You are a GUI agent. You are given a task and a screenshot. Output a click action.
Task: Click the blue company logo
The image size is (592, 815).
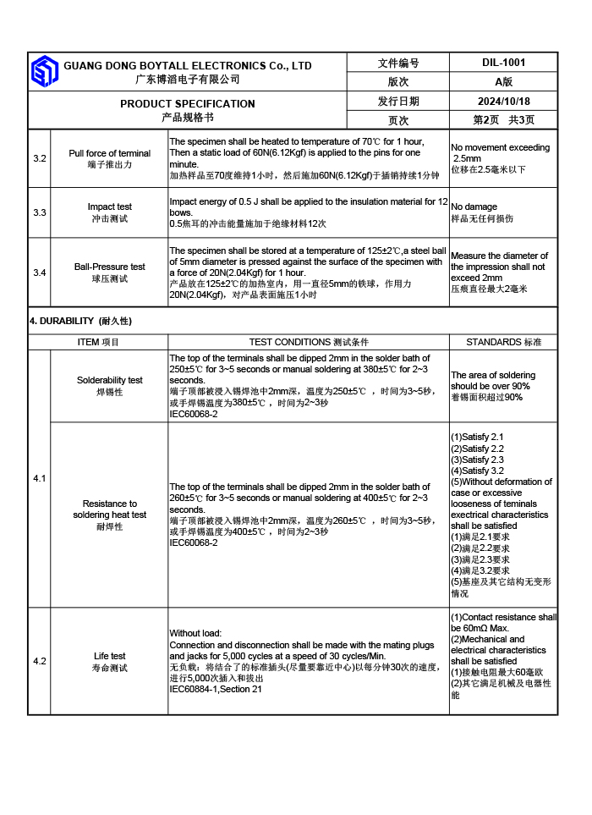coord(44,71)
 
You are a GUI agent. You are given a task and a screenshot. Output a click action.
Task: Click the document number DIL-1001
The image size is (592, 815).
coord(503,63)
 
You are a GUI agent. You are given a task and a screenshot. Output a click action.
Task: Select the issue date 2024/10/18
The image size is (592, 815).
coord(503,102)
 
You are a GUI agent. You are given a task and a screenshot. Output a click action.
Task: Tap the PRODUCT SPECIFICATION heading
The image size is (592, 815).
coord(187,104)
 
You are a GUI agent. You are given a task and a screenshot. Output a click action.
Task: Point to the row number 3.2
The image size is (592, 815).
coord(40,159)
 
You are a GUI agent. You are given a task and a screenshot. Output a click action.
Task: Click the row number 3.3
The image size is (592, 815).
coord(40,212)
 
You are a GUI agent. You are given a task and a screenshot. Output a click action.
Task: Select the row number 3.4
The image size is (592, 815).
coord(40,273)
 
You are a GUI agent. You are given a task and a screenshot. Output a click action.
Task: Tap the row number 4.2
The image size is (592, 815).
coord(40,661)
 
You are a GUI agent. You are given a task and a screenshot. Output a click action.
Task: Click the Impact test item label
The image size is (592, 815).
coord(109,207)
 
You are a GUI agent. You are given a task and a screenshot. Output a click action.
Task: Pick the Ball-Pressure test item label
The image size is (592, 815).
coord(109,267)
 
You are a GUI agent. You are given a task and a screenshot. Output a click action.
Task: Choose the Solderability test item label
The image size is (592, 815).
coord(109,381)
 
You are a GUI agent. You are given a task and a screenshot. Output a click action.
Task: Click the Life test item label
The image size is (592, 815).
coord(109,656)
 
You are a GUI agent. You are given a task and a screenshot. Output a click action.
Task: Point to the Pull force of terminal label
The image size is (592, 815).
coord(109,153)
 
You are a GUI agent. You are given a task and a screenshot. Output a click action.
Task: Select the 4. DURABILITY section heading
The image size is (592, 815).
coord(80,322)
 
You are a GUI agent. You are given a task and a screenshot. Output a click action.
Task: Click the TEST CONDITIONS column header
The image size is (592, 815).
coord(308,342)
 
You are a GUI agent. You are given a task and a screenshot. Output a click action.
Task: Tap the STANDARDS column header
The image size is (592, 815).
coord(503,342)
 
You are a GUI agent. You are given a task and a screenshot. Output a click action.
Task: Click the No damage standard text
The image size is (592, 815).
coord(474,207)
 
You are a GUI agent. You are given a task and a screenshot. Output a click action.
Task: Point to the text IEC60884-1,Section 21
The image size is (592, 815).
coord(216,689)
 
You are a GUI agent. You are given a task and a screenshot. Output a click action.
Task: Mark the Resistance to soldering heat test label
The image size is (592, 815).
coord(109,509)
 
